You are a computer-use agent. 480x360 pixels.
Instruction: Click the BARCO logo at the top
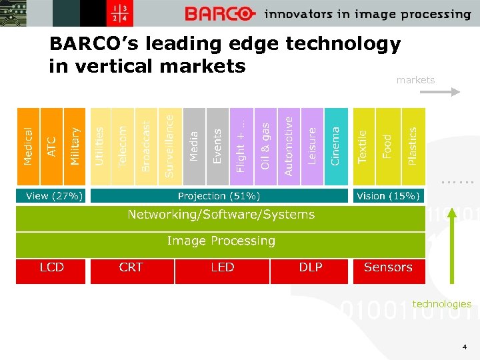pyautogui.click(x=219, y=13)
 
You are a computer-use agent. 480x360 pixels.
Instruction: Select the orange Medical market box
pyautogui.click(x=28, y=147)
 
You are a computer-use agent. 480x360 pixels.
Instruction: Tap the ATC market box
pyautogui.click(x=51, y=147)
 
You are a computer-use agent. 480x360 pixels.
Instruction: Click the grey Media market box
pyautogui.click(x=193, y=147)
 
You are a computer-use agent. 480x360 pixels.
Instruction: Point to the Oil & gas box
pyautogui.click(x=265, y=147)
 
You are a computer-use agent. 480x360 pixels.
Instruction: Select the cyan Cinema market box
pyautogui.click(x=336, y=147)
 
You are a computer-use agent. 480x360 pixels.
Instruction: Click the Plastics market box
pyautogui.click(x=413, y=147)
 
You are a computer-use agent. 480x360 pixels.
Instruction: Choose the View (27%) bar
pyautogui.click(x=51, y=196)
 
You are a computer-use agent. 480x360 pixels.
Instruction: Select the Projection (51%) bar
pyautogui.click(x=219, y=196)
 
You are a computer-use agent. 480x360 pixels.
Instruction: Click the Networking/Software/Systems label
pyautogui.click(x=221, y=215)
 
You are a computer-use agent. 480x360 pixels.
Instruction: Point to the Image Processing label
pyautogui.click(x=221, y=241)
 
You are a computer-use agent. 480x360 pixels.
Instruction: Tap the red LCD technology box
pyautogui.click(x=51, y=268)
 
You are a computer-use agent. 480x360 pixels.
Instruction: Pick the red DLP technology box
pyautogui.click(x=311, y=268)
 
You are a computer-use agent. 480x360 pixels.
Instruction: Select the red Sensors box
pyautogui.click(x=389, y=268)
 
